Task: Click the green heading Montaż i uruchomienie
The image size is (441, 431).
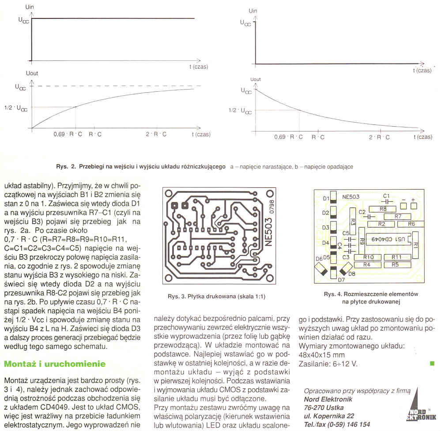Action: click(x=55, y=364)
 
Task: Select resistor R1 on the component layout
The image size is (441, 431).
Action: click(x=415, y=243)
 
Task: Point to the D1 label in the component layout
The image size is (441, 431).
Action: click(x=326, y=199)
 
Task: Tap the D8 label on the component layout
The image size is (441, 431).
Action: click(x=352, y=274)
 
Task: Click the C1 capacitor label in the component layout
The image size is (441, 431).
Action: click(x=386, y=195)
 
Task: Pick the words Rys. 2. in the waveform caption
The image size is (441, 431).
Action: click(x=66, y=167)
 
